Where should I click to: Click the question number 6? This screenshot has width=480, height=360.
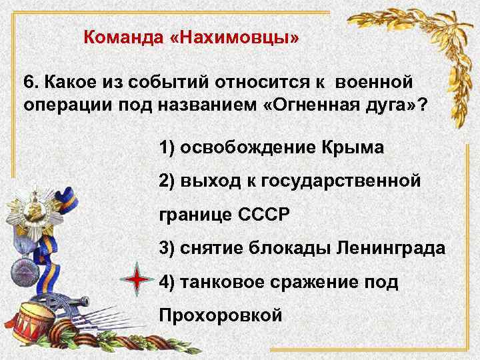29,83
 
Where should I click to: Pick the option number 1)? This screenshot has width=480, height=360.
168,147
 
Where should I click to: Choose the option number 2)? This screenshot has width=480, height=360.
168,181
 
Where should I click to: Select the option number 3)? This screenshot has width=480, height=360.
168,249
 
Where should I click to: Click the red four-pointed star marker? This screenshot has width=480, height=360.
137,280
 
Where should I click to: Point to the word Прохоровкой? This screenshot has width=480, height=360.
221,314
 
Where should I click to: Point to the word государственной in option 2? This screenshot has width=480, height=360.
340,181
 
